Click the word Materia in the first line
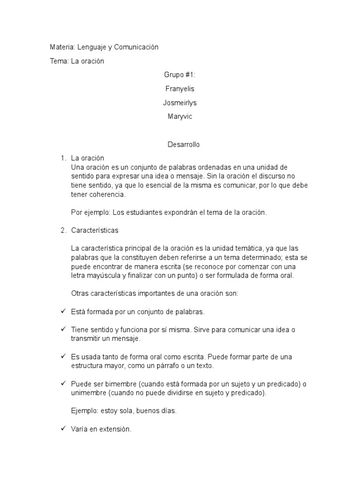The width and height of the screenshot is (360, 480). (61, 47)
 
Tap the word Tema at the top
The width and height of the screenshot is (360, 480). (59, 61)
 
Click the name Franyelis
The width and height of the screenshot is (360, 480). (180, 89)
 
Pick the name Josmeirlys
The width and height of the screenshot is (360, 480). (180, 103)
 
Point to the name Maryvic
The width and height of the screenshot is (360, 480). (180, 117)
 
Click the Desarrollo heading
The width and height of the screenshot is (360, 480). (183, 144)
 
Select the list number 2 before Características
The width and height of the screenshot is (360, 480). (63, 230)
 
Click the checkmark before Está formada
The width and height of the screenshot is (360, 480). (63, 311)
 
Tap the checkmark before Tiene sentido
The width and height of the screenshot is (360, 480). (63, 329)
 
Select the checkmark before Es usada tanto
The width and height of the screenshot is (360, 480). (63, 357)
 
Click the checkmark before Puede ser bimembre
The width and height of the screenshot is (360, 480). (63, 383)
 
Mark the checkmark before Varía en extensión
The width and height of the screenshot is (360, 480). (63, 428)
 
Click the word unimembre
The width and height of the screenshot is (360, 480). (89, 393)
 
